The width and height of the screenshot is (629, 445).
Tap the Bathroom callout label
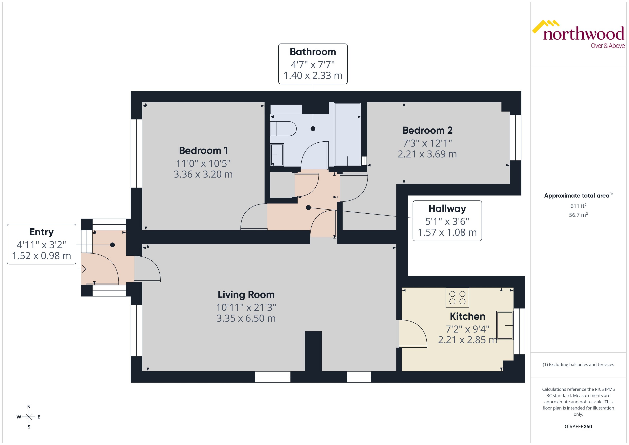(313, 64)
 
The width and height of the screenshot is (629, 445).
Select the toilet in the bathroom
(283, 128)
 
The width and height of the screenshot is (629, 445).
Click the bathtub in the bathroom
(347, 134)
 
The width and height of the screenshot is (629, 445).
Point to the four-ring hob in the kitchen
(457, 298)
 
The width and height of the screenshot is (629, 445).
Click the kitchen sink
(505, 325)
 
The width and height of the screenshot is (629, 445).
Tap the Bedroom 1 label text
(203, 150)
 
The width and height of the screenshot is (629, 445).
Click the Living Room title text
(246, 295)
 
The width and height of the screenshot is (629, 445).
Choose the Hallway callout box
(447, 221)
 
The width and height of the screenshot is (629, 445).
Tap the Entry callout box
(41, 244)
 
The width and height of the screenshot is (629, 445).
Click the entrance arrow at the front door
(82, 269)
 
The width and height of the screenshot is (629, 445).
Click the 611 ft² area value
(578, 206)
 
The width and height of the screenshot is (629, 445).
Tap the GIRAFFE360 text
(578, 426)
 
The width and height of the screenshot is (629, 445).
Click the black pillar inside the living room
(313, 351)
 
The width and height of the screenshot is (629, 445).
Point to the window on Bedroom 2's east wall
(515, 138)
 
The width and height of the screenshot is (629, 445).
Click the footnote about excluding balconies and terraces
(578, 365)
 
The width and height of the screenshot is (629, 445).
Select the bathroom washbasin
(277, 155)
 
